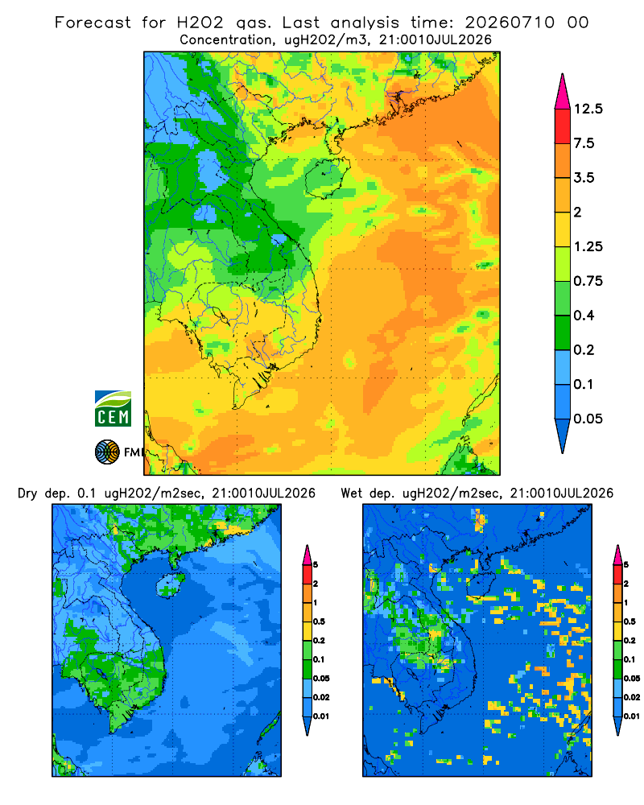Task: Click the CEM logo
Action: pos(113,409)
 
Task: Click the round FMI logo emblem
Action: pos(107,452)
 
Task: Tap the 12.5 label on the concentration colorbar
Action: pos(588,109)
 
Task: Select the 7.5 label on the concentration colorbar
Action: pos(584,143)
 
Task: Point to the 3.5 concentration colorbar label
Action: pos(584,178)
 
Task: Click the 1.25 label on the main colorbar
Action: pos(588,246)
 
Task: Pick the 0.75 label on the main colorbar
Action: pos(588,281)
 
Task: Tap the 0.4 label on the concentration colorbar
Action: pos(584,316)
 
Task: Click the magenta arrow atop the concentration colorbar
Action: pos(563,92)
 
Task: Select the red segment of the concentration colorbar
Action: pos(563,126)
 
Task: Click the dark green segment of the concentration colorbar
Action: pos(563,332)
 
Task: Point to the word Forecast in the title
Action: pos(93,23)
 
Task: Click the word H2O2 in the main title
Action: pos(200,23)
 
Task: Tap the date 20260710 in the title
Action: pos(510,23)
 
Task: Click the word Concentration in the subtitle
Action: pos(226,40)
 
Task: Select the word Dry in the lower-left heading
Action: pos(27,493)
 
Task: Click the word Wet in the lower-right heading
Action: pos(352,493)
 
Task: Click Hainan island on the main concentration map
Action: pos(328,177)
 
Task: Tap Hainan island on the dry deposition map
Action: pos(170,584)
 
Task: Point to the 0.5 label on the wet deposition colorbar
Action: pos(630,621)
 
